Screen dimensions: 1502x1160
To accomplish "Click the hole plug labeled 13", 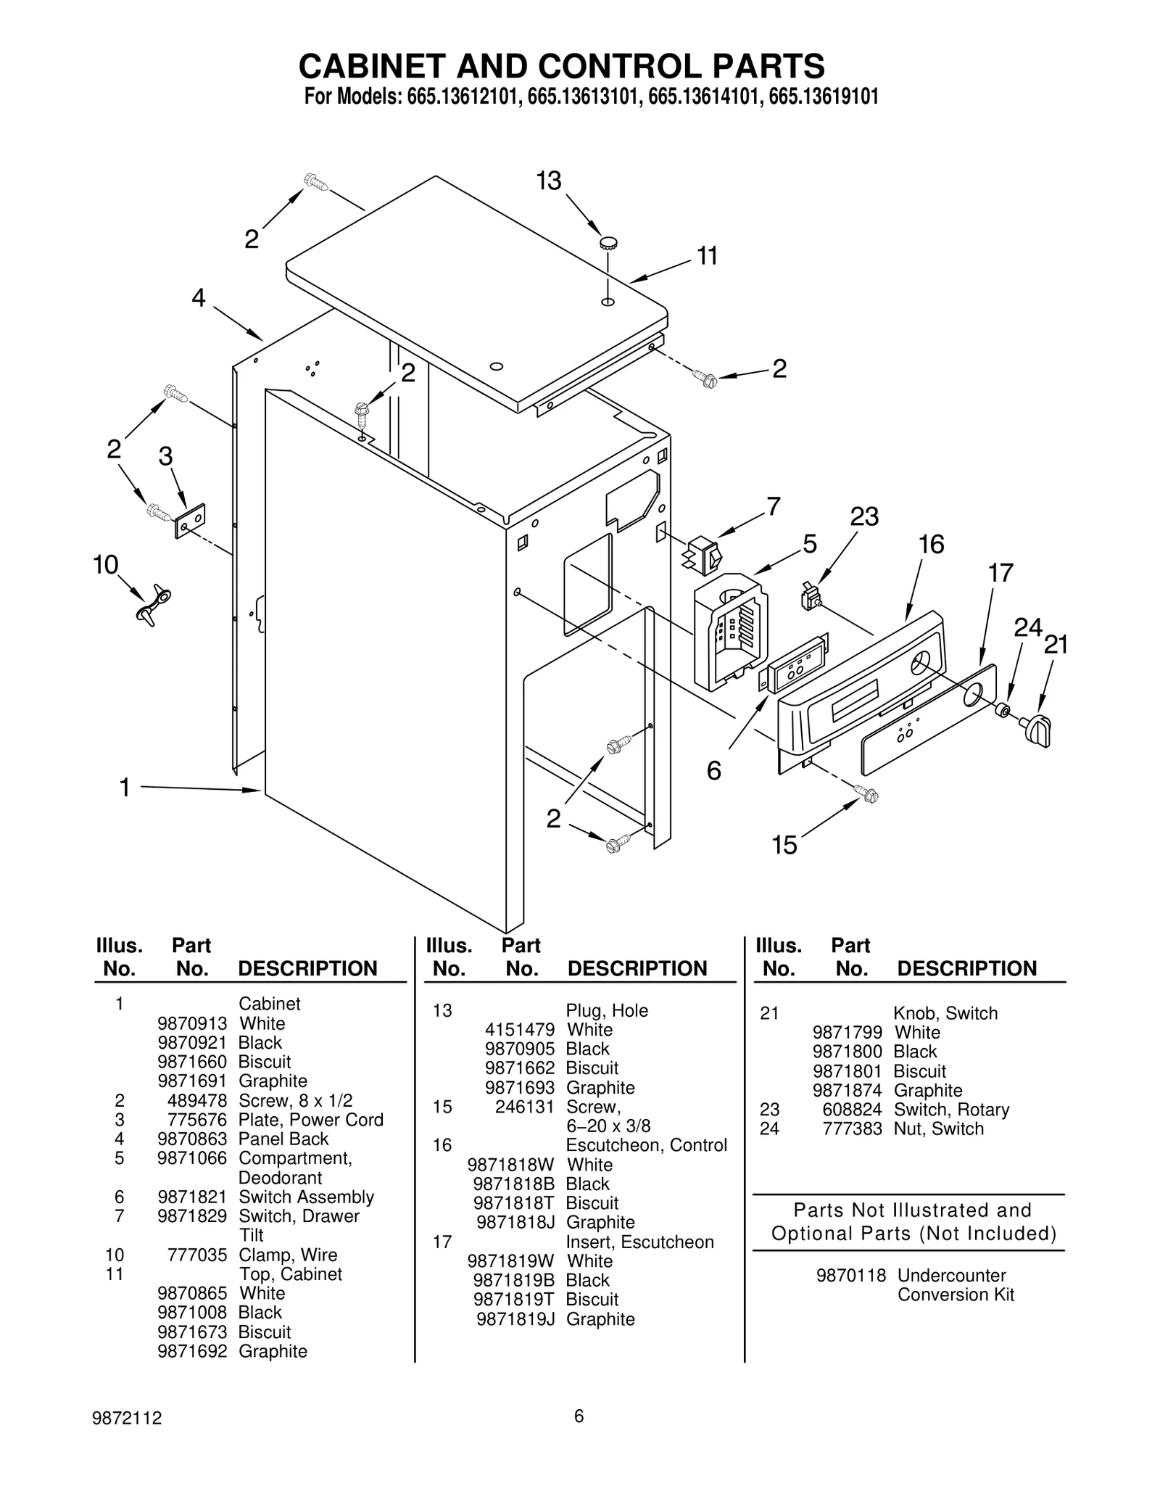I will click(608, 243).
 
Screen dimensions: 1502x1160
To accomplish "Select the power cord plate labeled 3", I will click(190, 520).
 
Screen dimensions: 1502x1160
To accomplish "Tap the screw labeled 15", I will click(867, 793).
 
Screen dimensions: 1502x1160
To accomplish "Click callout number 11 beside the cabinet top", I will click(707, 257).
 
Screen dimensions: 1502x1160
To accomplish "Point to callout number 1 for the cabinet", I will click(125, 787).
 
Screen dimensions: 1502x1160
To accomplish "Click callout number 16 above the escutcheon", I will click(931, 545).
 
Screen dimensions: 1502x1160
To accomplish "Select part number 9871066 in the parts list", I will click(192, 1158).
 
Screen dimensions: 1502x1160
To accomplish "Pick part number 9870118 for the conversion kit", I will click(850, 1276).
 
